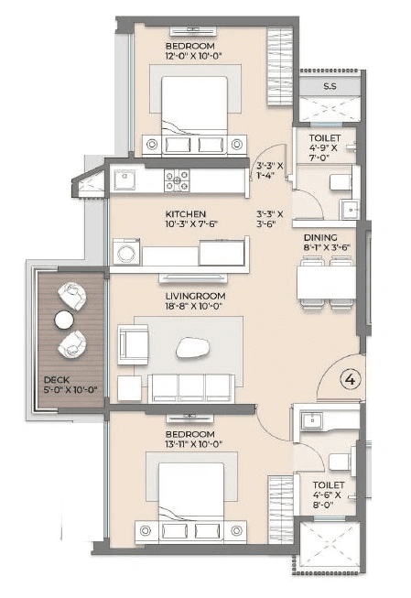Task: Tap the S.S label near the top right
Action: pos(330,88)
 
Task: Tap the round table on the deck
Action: pos(63,320)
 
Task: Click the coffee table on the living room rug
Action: pos(191,346)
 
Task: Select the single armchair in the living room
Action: pos(133,344)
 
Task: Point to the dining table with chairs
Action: pos(326,282)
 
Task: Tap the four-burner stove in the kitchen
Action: pos(177,180)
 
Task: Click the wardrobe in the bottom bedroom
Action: pos(279,508)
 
